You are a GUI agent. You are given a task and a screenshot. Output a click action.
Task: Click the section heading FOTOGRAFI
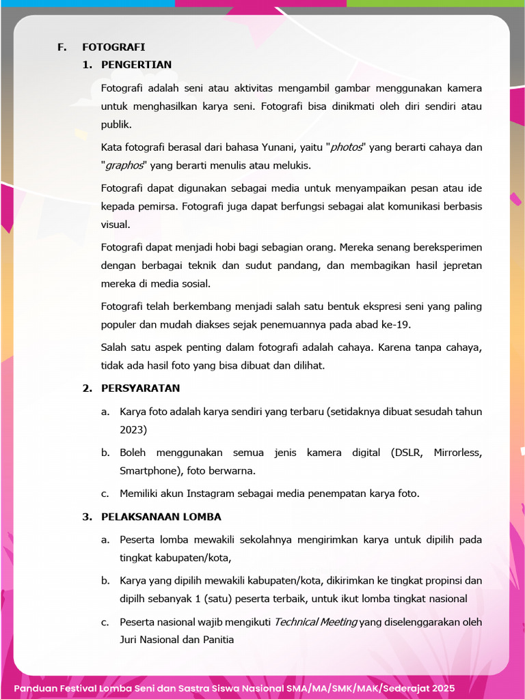[x=113, y=47]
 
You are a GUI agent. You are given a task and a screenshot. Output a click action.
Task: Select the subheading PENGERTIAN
[x=136, y=65]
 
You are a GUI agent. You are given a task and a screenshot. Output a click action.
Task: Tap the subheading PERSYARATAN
[x=140, y=388]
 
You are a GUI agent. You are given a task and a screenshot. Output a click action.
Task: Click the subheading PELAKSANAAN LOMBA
[x=161, y=517]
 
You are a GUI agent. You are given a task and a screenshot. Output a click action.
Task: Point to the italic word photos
[x=346, y=147]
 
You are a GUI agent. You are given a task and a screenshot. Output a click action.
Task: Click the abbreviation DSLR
[x=407, y=453]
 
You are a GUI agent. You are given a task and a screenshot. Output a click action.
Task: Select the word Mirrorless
[x=458, y=453]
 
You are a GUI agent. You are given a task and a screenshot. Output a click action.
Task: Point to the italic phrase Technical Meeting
[x=315, y=623]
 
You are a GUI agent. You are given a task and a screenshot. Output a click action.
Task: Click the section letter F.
[x=62, y=47]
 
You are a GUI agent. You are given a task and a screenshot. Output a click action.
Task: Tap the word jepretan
[x=459, y=266]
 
